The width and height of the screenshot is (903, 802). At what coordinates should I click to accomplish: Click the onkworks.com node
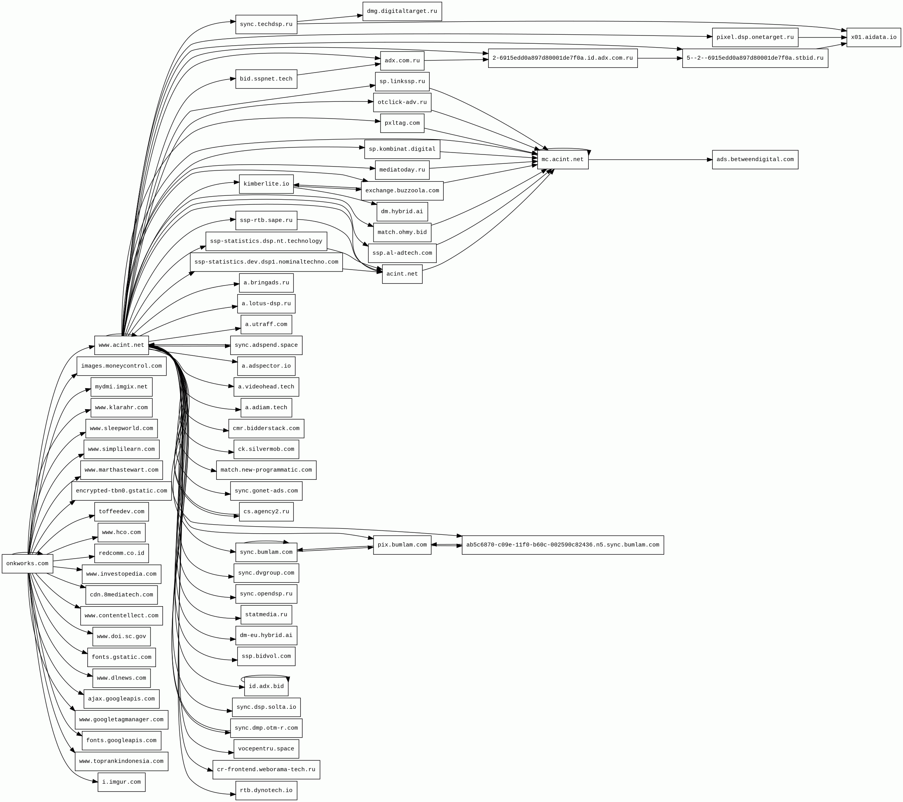[x=27, y=563]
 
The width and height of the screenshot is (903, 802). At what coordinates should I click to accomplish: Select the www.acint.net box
[x=122, y=345]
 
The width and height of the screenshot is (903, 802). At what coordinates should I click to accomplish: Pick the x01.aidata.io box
[x=873, y=37]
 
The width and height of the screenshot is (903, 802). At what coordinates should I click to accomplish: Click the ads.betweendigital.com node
[x=754, y=160]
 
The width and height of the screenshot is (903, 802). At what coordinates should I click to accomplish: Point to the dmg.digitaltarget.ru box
[x=402, y=11]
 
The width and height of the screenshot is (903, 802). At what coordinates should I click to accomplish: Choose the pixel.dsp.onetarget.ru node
[x=754, y=37]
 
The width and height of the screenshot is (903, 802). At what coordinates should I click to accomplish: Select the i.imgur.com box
[x=122, y=782]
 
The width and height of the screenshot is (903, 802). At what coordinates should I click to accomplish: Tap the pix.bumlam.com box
[x=402, y=545]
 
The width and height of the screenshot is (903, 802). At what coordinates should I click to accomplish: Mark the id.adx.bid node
[x=266, y=686]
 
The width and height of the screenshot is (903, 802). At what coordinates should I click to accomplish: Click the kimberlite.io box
[x=266, y=184]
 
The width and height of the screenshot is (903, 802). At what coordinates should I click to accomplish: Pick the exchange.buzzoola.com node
[x=402, y=190]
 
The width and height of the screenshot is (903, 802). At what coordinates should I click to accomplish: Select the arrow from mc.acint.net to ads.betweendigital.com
[x=650, y=160]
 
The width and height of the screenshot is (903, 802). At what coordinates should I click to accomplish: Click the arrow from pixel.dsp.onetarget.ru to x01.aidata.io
[x=822, y=37]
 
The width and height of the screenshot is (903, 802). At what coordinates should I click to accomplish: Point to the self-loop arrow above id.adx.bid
[x=265, y=675]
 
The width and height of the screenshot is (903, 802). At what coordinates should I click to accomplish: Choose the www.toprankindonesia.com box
[x=122, y=761]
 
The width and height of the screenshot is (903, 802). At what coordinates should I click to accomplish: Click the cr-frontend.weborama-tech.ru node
[x=266, y=769]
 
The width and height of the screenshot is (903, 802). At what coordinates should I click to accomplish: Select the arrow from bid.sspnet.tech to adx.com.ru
[x=338, y=70]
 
